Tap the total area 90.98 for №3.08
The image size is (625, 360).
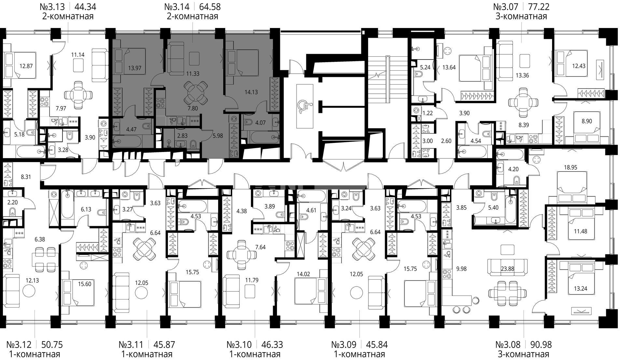tap(541, 344)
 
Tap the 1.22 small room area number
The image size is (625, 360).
tap(427, 113)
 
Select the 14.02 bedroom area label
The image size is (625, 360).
tap(303, 274)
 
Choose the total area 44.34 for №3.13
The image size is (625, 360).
tap(85, 7)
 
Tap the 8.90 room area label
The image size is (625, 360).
tap(586, 121)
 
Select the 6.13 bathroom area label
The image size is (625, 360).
tap(86, 210)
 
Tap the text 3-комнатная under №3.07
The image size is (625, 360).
tap(521, 16)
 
